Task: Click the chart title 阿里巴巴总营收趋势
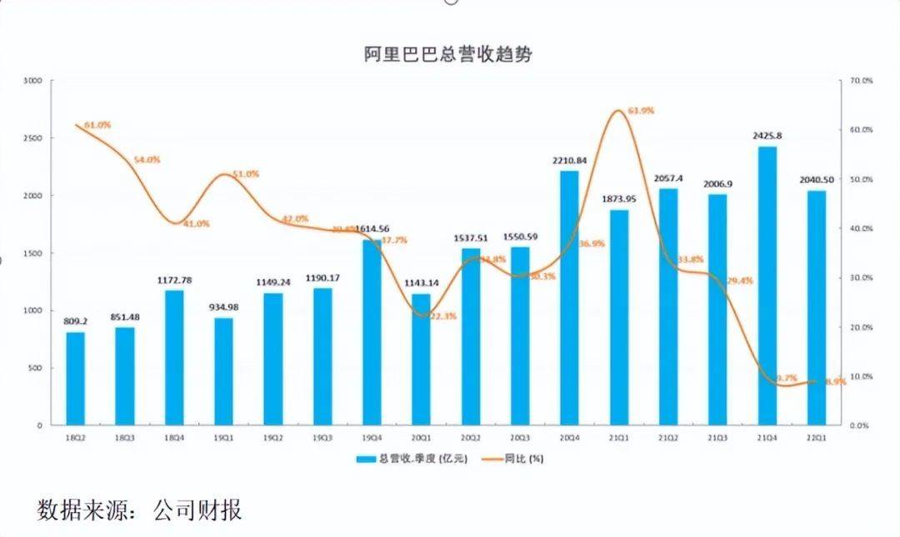[x=447, y=55]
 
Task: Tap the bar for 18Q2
[x=75, y=379]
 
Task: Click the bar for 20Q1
[x=421, y=359]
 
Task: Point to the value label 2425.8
[x=767, y=136]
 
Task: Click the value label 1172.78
[x=174, y=281]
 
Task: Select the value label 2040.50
[x=816, y=181]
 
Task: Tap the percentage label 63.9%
[x=641, y=111]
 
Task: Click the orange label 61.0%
[x=97, y=125]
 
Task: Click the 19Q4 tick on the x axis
[x=372, y=436]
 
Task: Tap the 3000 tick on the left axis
[x=32, y=81]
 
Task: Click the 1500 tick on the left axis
[x=32, y=253]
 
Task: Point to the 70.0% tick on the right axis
[x=860, y=81]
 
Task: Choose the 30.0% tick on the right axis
[x=860, y=278]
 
